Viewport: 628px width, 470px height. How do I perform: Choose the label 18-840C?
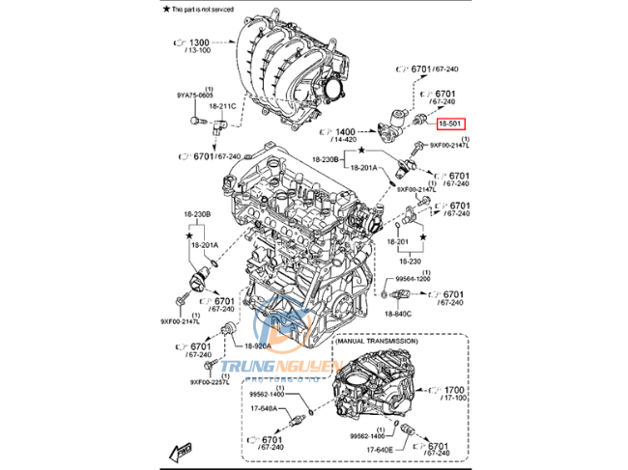tap(396, 314)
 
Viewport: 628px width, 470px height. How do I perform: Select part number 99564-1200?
tap(414, 278)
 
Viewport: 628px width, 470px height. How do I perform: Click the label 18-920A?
tap(258, 346)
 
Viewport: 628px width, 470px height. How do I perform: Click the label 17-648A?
tap(264, 408)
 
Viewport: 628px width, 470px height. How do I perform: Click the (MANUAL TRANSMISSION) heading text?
tap(376, 342)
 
